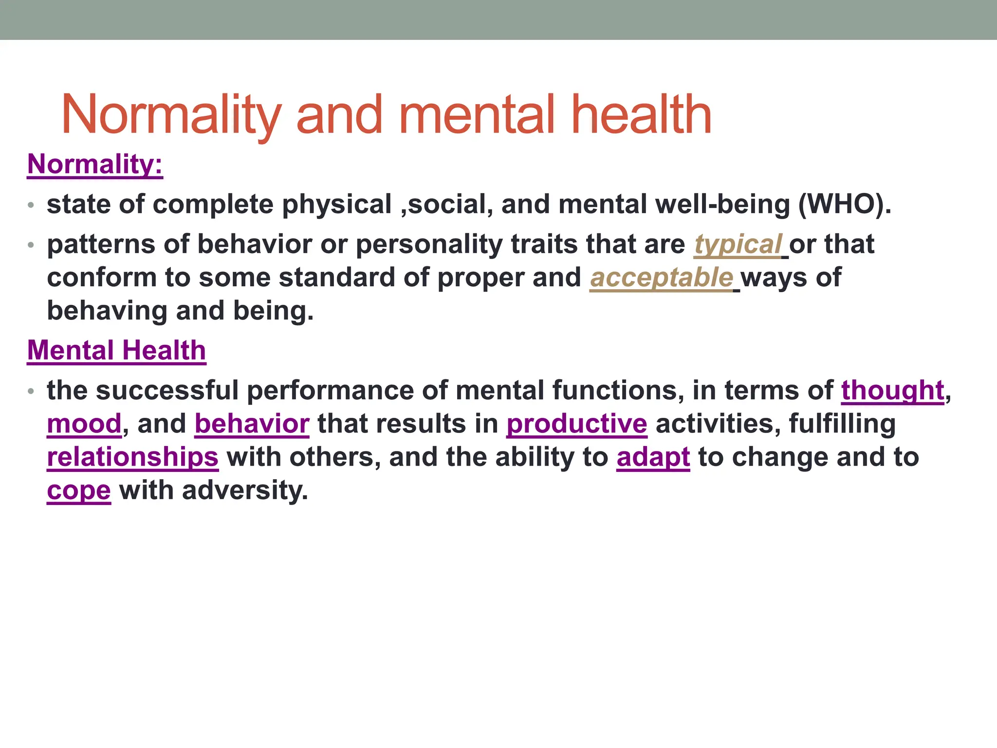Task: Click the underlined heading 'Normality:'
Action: (x=95, y=164)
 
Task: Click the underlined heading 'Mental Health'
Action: (x=116, y=351)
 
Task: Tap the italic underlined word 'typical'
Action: (x=737, y=244)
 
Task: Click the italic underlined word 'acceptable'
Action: (x=661, y=278)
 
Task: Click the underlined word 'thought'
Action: (x=892, y=391)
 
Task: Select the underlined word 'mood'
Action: (x=84, y=424)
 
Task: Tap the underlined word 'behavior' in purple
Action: (x=252, y=424)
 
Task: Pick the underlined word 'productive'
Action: (x=576, y=424)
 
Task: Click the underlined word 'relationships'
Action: (x=132, y=457)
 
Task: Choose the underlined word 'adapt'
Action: (x=653, y=457)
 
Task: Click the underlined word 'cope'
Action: (x=79, y=490)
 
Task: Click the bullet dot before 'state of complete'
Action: (x=31, y=205)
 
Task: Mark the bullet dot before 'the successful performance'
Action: (x=31, y=391)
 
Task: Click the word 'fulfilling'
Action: (x=842, y=424)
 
